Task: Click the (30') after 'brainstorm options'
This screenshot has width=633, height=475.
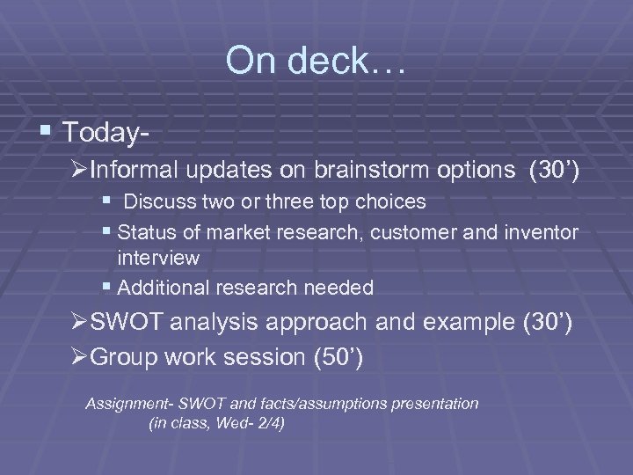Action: tap(552, 169)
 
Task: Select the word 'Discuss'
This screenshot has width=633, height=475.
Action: tap(157, 202)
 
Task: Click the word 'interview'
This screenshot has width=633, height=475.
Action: tap(159, 259)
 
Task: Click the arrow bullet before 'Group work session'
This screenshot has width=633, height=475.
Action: tap(78, 358)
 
